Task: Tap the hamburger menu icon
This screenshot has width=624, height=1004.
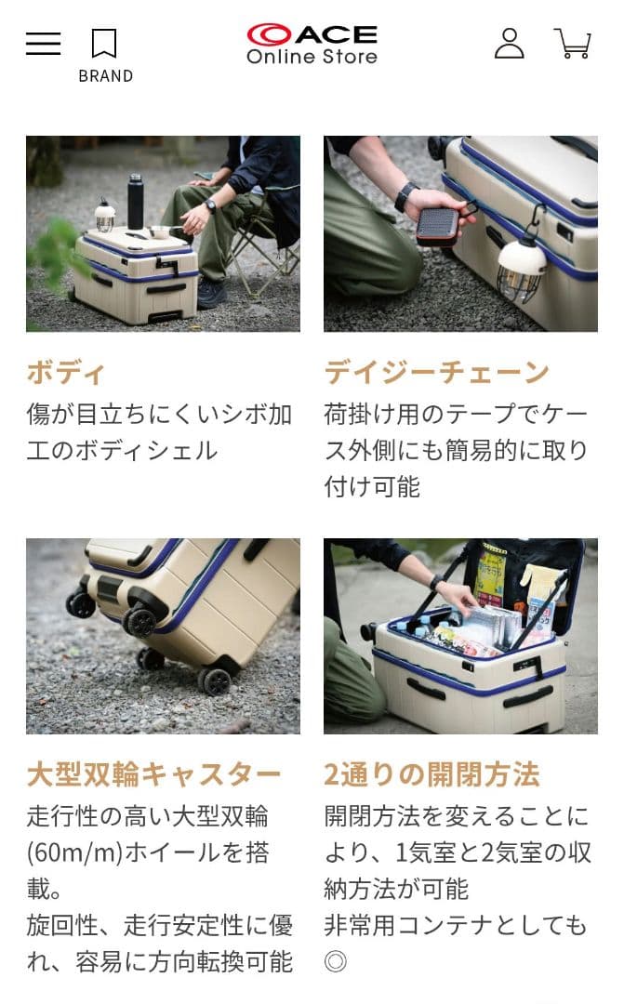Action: [43, 44]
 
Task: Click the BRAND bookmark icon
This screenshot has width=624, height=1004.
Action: [104, 44]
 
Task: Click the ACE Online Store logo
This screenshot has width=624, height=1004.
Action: [312, 44]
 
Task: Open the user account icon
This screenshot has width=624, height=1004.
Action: [509, 44]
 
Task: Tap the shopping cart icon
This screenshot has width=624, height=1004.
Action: [573, 44]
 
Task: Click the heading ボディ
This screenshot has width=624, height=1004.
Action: [66, 373]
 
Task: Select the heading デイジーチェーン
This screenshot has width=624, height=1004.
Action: [437, 373]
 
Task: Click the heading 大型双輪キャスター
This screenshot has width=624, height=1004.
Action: [153, 774]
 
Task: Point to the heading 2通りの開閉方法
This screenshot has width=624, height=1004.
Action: [431, 774]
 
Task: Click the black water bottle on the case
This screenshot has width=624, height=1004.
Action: [135, 202]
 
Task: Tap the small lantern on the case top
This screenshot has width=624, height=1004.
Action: [105, 217]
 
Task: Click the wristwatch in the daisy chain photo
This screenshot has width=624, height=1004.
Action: [405, 197]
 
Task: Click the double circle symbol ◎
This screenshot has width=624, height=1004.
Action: [335, 961]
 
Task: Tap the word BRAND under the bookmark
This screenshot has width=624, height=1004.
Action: [105, 76]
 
